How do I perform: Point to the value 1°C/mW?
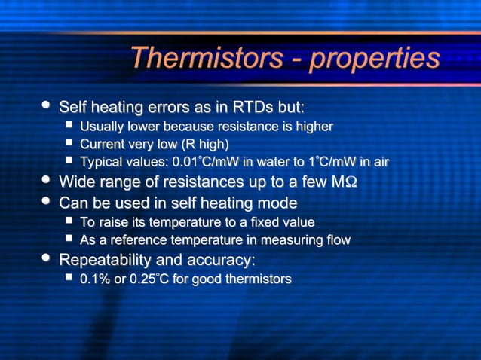pos(338,162)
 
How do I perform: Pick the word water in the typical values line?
pos(282,162)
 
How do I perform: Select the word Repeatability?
pos(106,261)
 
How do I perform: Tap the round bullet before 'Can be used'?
pos(48,202)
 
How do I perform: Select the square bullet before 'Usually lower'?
pos(69,124)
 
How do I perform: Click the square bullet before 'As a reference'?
pos(69,240)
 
